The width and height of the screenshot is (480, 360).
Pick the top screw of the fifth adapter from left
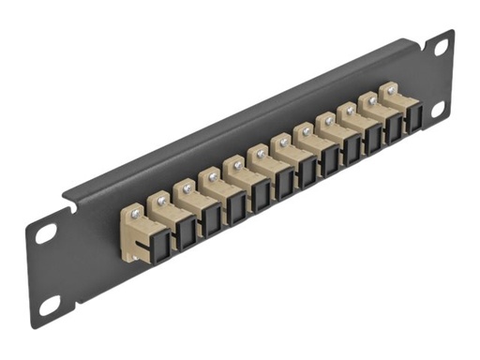(x=238, y=163)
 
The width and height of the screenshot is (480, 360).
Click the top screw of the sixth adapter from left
(x=262, y=152)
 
